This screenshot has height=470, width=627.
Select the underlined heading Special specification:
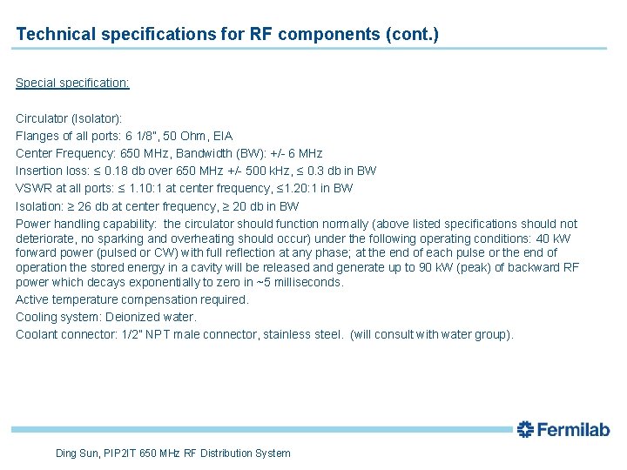73,83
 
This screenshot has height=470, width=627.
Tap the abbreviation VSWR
32,188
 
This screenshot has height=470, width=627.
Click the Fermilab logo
563,428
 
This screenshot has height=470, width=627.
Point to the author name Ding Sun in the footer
77,453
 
